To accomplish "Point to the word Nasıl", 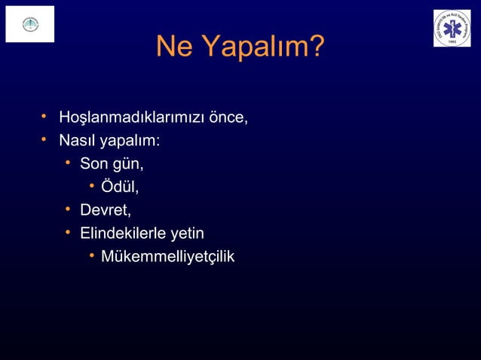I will coord(67,141).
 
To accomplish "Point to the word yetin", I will coord(189,234).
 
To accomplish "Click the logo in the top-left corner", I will coord(30,24).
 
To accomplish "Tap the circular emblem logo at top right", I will coord(452,29).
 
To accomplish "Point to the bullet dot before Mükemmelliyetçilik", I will coord(89,256).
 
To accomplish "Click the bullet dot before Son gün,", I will coord(68,162).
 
